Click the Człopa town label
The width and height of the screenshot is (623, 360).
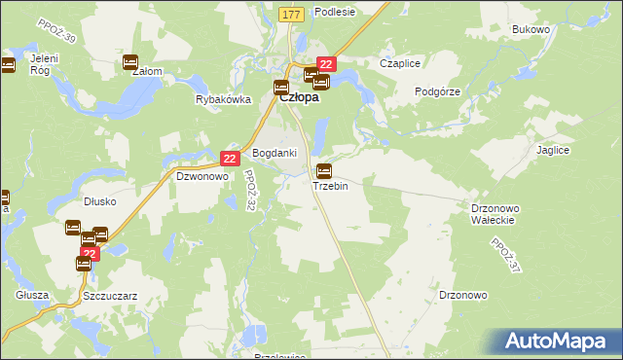point(302,97)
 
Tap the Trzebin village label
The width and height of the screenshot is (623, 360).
point(330,186)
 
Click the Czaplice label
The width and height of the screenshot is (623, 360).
point(399,63)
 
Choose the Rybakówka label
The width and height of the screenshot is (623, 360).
point(224,99)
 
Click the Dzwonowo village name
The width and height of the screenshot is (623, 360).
point(202,177)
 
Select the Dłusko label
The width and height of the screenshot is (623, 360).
point(100,202)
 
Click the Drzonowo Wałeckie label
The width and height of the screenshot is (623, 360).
point(497,214)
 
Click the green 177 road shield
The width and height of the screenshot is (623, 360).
point(291,15)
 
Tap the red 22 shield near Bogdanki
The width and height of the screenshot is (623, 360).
point(230,158)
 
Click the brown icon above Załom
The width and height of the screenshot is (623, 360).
point(131,62)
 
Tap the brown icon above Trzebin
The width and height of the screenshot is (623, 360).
point(324,171)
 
